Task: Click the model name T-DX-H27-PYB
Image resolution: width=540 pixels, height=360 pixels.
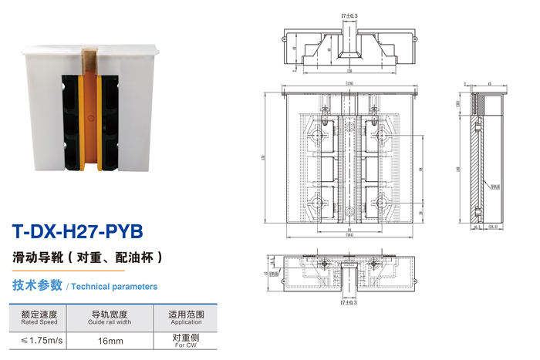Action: pos(78,230)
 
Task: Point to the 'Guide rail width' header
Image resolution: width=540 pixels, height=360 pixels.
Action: pos(110,318)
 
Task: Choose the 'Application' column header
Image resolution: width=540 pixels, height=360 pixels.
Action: pos(185,318)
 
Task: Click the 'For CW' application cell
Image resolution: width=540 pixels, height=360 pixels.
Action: pos(185,341)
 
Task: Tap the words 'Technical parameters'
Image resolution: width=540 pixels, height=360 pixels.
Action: pos(115,286)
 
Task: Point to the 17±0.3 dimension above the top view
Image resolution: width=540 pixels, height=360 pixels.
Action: pos(349,16)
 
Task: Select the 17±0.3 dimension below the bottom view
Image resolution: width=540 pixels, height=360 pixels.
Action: pos(349,303)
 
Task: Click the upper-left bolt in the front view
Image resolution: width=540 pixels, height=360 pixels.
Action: pos(316,135)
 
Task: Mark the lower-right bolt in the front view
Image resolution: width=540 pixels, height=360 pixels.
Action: pos(380,204)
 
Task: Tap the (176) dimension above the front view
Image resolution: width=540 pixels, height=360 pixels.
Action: pos(349,83)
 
